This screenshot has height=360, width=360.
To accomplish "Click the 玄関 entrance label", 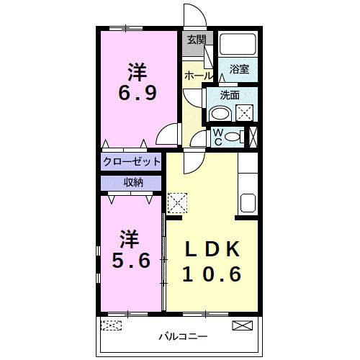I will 196,40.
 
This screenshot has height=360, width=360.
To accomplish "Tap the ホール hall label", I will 198,76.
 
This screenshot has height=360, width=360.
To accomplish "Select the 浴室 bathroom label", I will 239,69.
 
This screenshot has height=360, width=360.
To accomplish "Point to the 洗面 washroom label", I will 230,94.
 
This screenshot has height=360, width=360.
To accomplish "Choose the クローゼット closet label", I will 132,161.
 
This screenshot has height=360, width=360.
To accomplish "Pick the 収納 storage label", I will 132,182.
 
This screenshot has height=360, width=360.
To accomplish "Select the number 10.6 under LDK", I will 210,274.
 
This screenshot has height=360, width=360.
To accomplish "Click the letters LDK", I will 210,248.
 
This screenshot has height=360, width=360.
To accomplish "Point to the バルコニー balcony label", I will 183,336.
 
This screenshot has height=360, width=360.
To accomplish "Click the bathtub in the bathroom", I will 238,45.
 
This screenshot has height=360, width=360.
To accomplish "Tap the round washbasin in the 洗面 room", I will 220,113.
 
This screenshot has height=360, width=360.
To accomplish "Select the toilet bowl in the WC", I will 232,137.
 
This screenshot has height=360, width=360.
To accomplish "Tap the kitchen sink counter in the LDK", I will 247,202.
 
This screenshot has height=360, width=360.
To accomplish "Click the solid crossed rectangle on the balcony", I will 243,325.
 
